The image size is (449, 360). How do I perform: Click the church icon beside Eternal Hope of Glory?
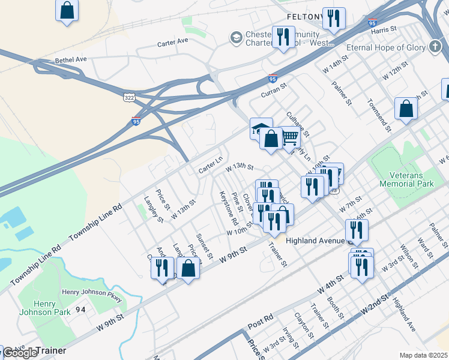tap(436, 47)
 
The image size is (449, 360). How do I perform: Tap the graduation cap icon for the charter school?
tap(236, 38)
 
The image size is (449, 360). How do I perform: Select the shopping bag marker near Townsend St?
tap(406, 109)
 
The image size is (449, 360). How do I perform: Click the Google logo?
tap(20, 353)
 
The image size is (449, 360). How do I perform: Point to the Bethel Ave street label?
tap(71, 61)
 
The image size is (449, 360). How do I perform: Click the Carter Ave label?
tap(173, 43)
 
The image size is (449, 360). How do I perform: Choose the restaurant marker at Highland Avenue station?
tap(357, 230)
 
